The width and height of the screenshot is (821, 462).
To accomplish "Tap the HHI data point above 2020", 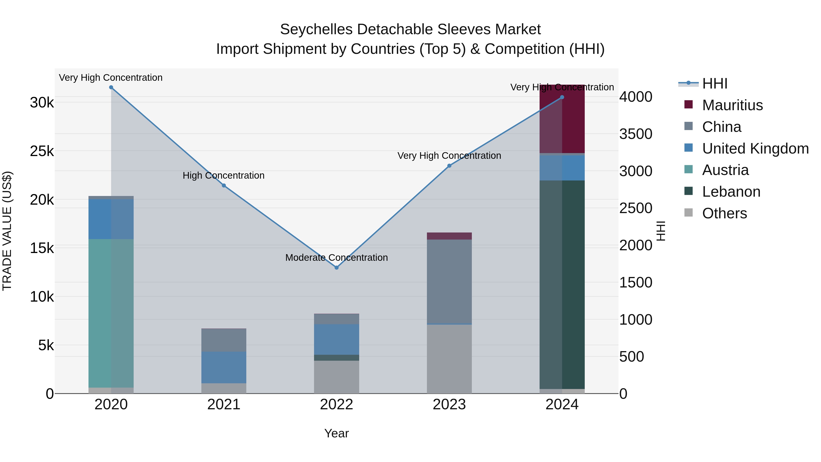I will coord(111,87).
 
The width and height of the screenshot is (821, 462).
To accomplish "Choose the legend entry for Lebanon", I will coord(731,192).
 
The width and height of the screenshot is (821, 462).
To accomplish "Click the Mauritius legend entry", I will coord(732,105).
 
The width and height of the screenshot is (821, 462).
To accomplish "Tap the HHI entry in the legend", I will coord(714,84).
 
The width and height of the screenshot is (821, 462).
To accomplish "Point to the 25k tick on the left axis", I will coord(42,151).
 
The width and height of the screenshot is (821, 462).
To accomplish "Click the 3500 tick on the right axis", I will coord(636,134).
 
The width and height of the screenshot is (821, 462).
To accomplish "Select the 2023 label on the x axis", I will coord(449,405).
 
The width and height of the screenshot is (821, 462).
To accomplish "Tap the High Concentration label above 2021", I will coord(223,175).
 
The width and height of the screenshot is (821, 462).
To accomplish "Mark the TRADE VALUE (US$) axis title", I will coord(7,231).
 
